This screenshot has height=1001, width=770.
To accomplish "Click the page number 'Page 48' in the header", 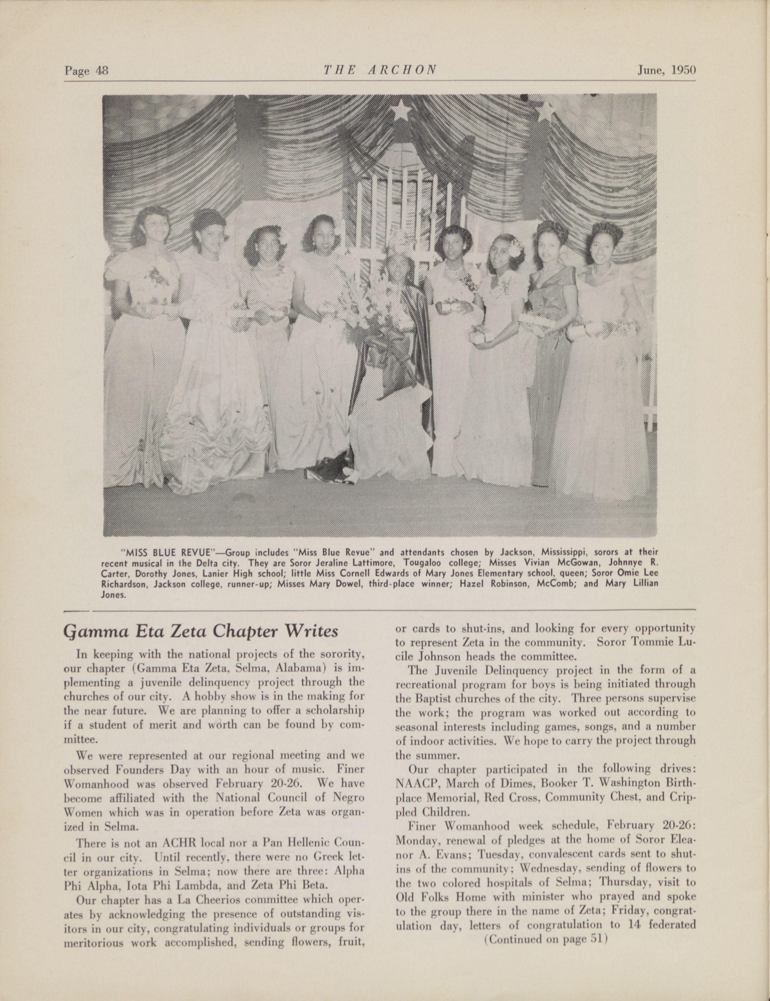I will tap(86, 70).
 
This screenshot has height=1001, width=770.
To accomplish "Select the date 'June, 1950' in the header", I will tap(666, 70).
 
